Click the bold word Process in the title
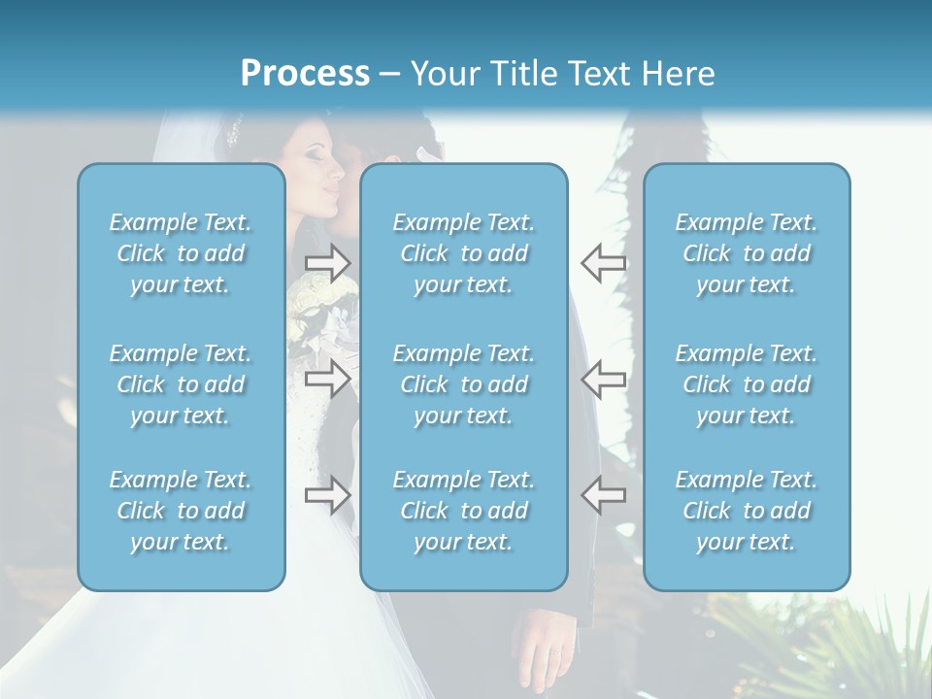click(x=305, y=74)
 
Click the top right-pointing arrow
click(x=328, y=262)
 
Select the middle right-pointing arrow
click(x=328, y=379)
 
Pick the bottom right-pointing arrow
click(x=328, y=495)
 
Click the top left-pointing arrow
click(x=603, y=262)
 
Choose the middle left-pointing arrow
click(x=603, y=379)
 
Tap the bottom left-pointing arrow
click(x=603, y=495)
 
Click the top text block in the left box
click(x=181, y=253)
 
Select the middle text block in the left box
click(x=181, y=384)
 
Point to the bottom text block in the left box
click(x=181, y=511)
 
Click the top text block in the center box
click(x=463, y=253)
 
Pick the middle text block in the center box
click(x=463, y=384)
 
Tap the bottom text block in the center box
click(x=463, y=511)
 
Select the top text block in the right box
click(x=746, y=253)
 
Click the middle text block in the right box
click(x=746, y=384)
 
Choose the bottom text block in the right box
click(x=746, y=511)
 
